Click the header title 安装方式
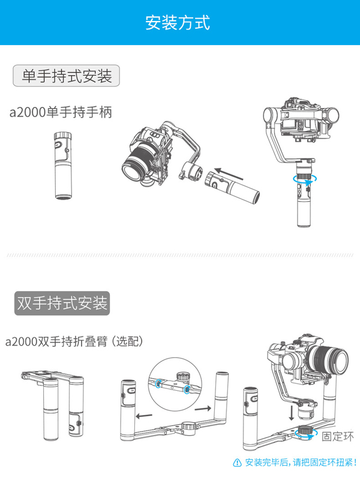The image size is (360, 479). tap(178, 22)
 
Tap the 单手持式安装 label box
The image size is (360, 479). tap(66, 76)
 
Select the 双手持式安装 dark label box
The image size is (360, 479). tap(62, 303)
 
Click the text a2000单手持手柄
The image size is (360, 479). tap(61, 112)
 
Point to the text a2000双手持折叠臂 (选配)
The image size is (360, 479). tap(74, 341)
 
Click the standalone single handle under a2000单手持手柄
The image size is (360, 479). tap(63, 166)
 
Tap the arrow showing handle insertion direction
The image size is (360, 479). tap(229, 174)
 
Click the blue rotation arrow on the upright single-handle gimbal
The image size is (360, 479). tap(305, 179)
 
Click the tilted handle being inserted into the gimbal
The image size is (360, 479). tap(232, 187)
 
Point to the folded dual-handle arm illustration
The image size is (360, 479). tap(52, 405)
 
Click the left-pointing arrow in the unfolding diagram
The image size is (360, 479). tap(144, 415)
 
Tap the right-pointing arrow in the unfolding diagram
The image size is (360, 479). tap(203, 408)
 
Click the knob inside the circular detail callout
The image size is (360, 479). tap(183, 375)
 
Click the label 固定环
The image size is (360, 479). tap(338, 436)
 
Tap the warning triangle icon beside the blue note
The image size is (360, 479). tap(237, 463)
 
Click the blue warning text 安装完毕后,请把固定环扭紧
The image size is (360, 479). tap(301, 463)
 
